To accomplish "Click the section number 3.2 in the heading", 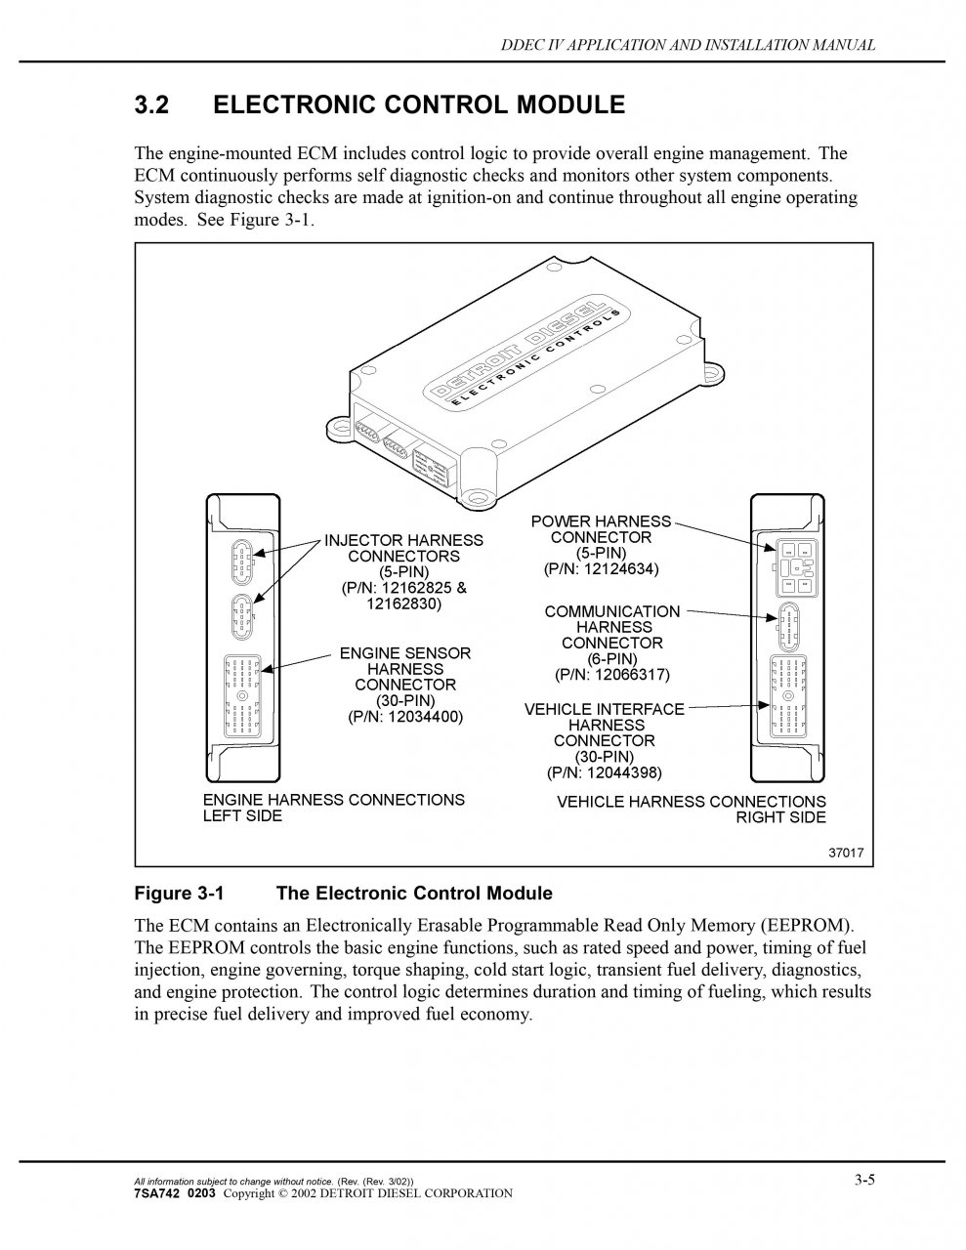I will coord(151,105).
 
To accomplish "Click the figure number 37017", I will coord(846,853).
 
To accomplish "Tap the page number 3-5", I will coord(863,1180).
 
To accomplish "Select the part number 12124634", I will coord(617,568).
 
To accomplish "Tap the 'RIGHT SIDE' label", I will coord(780,817).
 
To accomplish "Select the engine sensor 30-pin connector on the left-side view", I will coord(242,694).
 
